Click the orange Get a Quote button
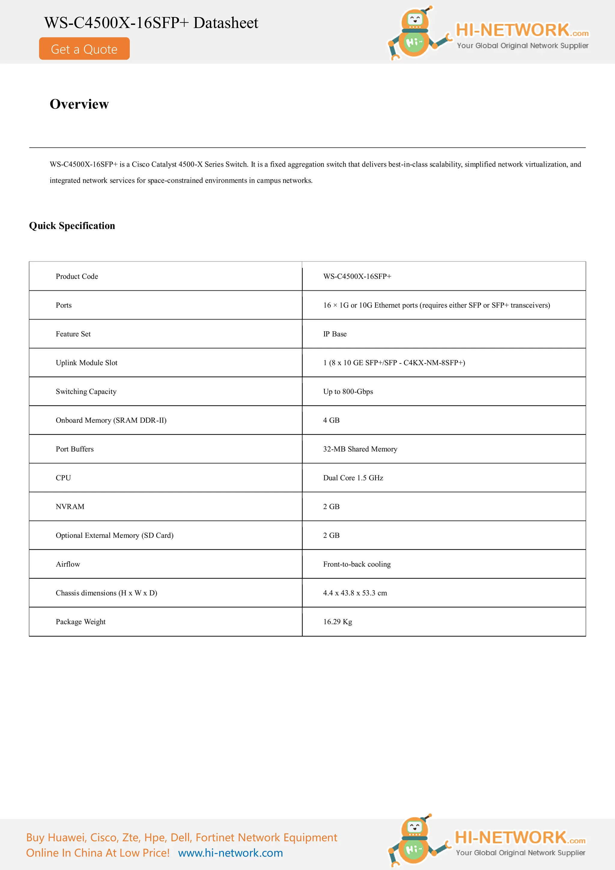[x=84, y=49]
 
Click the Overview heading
[x=79, y=104]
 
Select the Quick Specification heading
[x=72, y=226]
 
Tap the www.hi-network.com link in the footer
[x=230, y=853]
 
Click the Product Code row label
[x=77, y=277]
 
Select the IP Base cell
[x=335, y=334]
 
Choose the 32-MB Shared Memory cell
[x=360, y=449]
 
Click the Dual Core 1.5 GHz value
[x=353, y=478]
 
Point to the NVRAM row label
[x=70, y=507]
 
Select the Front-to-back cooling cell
[x=356, y=565]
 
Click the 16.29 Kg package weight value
[x=337, y=622]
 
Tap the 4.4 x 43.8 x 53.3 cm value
[x=355, y=593]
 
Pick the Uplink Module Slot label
[x=86, y=363]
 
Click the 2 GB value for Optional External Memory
[x=331, y=536]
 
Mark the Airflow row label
[x=68, y=565]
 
